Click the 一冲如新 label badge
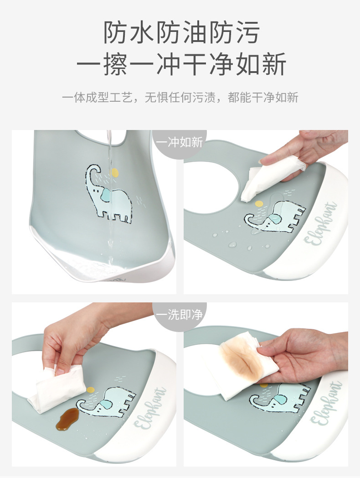179,142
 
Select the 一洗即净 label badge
179,315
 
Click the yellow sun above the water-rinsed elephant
115,172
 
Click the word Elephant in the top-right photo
324,223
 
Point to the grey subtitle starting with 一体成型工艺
180,97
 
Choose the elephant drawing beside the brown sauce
106,401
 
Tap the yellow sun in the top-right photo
259,204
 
